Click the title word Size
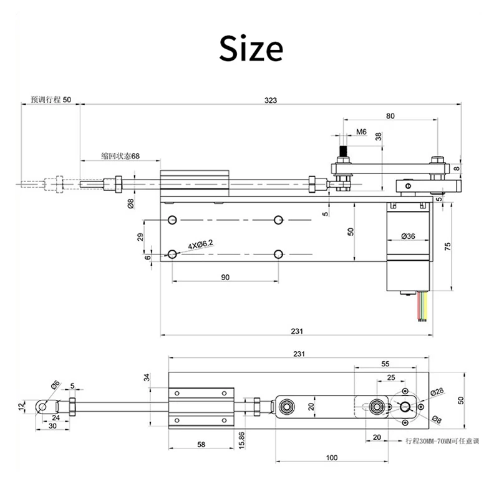click(x=251, y=49)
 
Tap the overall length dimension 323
click(x=270, y=100)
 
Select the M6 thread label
click(x=361, y=132)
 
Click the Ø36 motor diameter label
click(x=409, y=236)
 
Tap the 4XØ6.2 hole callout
click(x=199, y=245)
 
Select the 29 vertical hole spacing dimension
click(x=140, y=236)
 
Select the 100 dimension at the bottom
click(x=331, y=458)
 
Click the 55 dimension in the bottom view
click(x=385, y=363)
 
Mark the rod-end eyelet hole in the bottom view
click(x=42, y=407)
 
